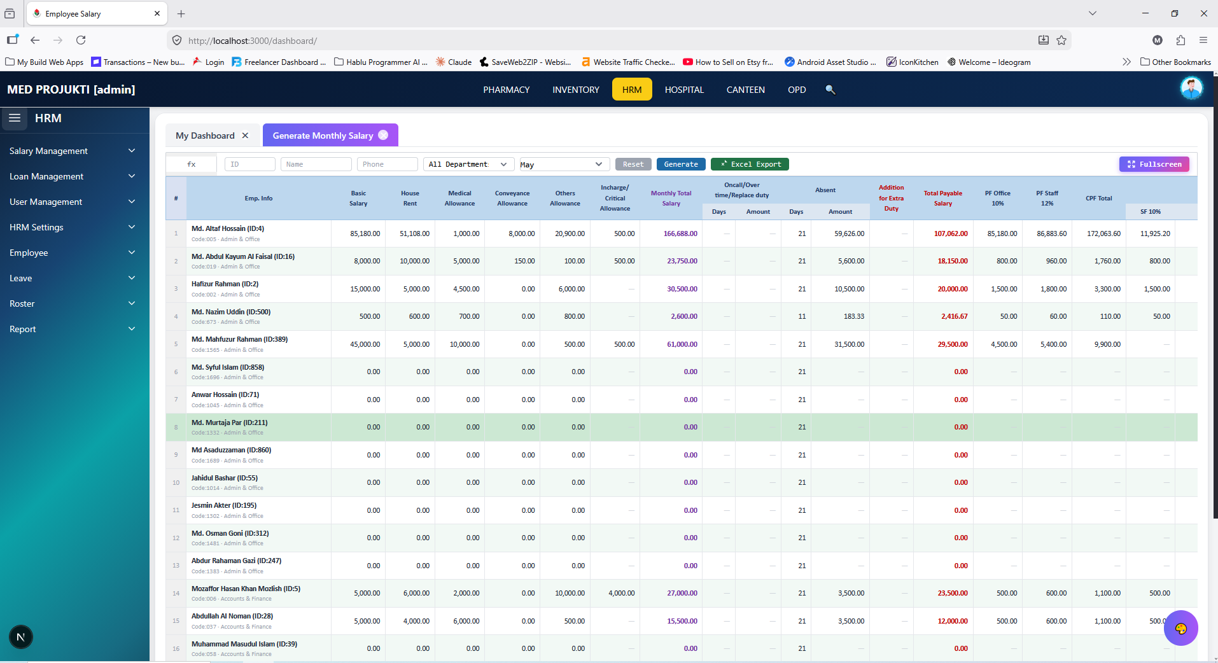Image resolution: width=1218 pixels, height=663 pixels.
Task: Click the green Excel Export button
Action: [x=750, y=164]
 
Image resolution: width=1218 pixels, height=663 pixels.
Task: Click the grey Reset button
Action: [x=633, y=164]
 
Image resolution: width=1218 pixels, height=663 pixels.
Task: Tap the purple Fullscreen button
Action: [x=1154, y=164]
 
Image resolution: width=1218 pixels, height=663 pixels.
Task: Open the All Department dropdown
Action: [x=469, y=164]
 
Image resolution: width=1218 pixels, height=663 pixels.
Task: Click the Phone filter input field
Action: [x=387, y=164]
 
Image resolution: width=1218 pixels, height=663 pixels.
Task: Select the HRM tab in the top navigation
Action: [x=632, y=90]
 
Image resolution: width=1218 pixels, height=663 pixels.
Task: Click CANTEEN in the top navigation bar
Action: [x=746, y=90]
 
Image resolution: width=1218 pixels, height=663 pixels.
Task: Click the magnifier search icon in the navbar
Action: [x=830, y=90]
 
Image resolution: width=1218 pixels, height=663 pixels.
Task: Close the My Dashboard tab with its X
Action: [x=245, y=136]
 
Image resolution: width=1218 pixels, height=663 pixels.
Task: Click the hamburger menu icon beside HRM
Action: [x=15, y=118]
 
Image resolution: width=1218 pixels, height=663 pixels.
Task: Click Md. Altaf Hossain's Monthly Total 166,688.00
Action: [x=680, y=234]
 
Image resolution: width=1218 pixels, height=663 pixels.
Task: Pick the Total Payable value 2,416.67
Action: [x=955, y=316]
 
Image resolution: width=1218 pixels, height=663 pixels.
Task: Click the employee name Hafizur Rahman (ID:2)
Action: [x=225, y=284]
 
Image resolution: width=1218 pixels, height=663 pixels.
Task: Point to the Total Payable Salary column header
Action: [x=942, y=198]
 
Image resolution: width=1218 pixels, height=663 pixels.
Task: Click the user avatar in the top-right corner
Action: [x=1191, y=88]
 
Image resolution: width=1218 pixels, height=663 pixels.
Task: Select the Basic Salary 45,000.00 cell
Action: [x=365, y=344]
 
